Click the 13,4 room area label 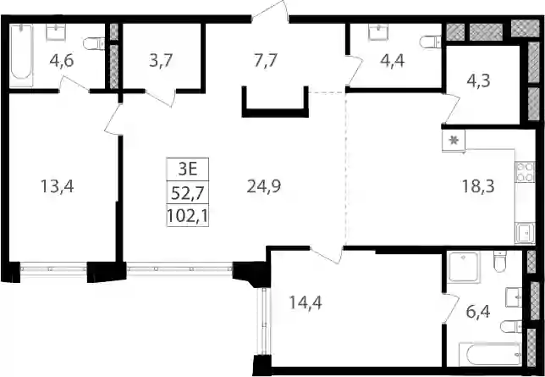point(58,186)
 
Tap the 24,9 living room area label point(264,186)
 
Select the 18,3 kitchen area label point(478,186)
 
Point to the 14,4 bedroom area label point(306,302)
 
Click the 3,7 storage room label point(161,61)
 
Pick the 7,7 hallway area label point(265,61)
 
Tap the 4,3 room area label point(478,81)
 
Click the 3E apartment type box point(188,169)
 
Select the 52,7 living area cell point(188,192)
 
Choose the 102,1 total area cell point(188,215)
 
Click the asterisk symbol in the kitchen point(454,141)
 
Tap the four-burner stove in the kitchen point(526,172)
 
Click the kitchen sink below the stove point(526,233)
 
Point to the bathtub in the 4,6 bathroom point(21,55)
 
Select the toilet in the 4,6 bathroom point(94,43)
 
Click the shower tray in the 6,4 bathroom point(463,267)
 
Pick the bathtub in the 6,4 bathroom point(490,354)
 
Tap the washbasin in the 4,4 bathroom point(378,32)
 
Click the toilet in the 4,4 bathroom point(431,42)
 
